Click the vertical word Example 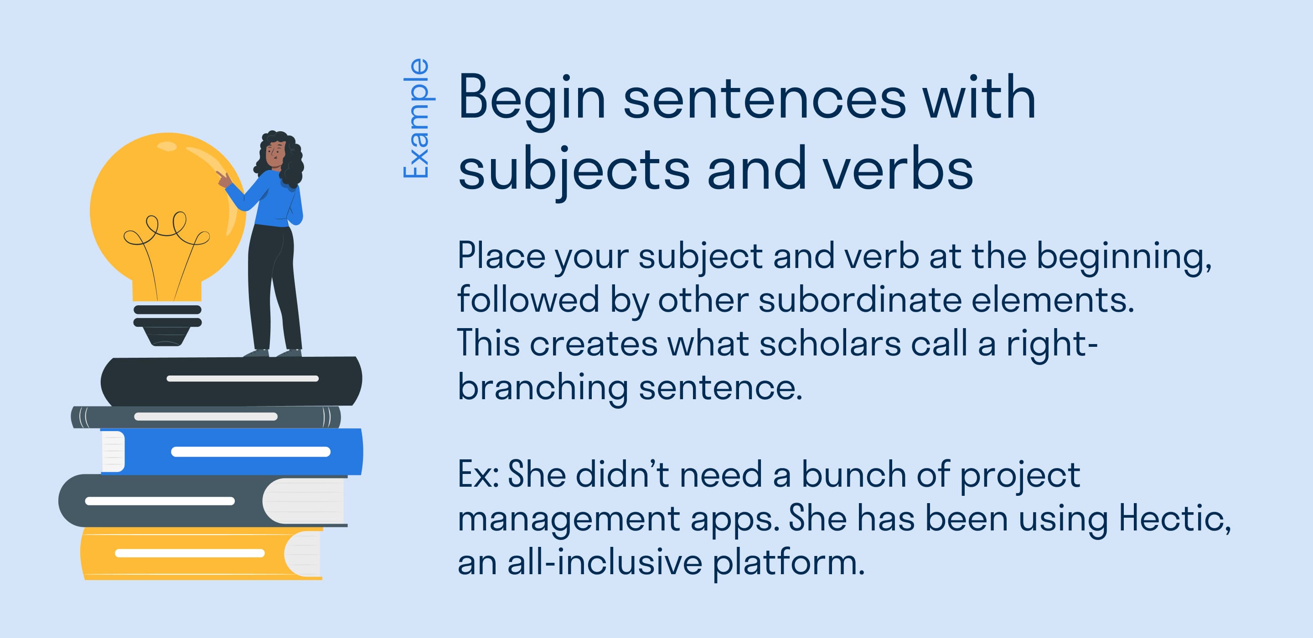pos(416,118)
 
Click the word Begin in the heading pos(531,98)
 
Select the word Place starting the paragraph pos(501,256)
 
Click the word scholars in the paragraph pos(830,344)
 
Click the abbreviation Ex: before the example pos(478,475)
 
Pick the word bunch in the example pos(854,475)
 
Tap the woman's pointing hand pos(223,178)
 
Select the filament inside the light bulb pos(165,240)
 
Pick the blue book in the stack pos(239,452)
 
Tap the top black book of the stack pos(232,381)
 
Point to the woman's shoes pos(273,353)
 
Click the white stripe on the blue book pos(251,452)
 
